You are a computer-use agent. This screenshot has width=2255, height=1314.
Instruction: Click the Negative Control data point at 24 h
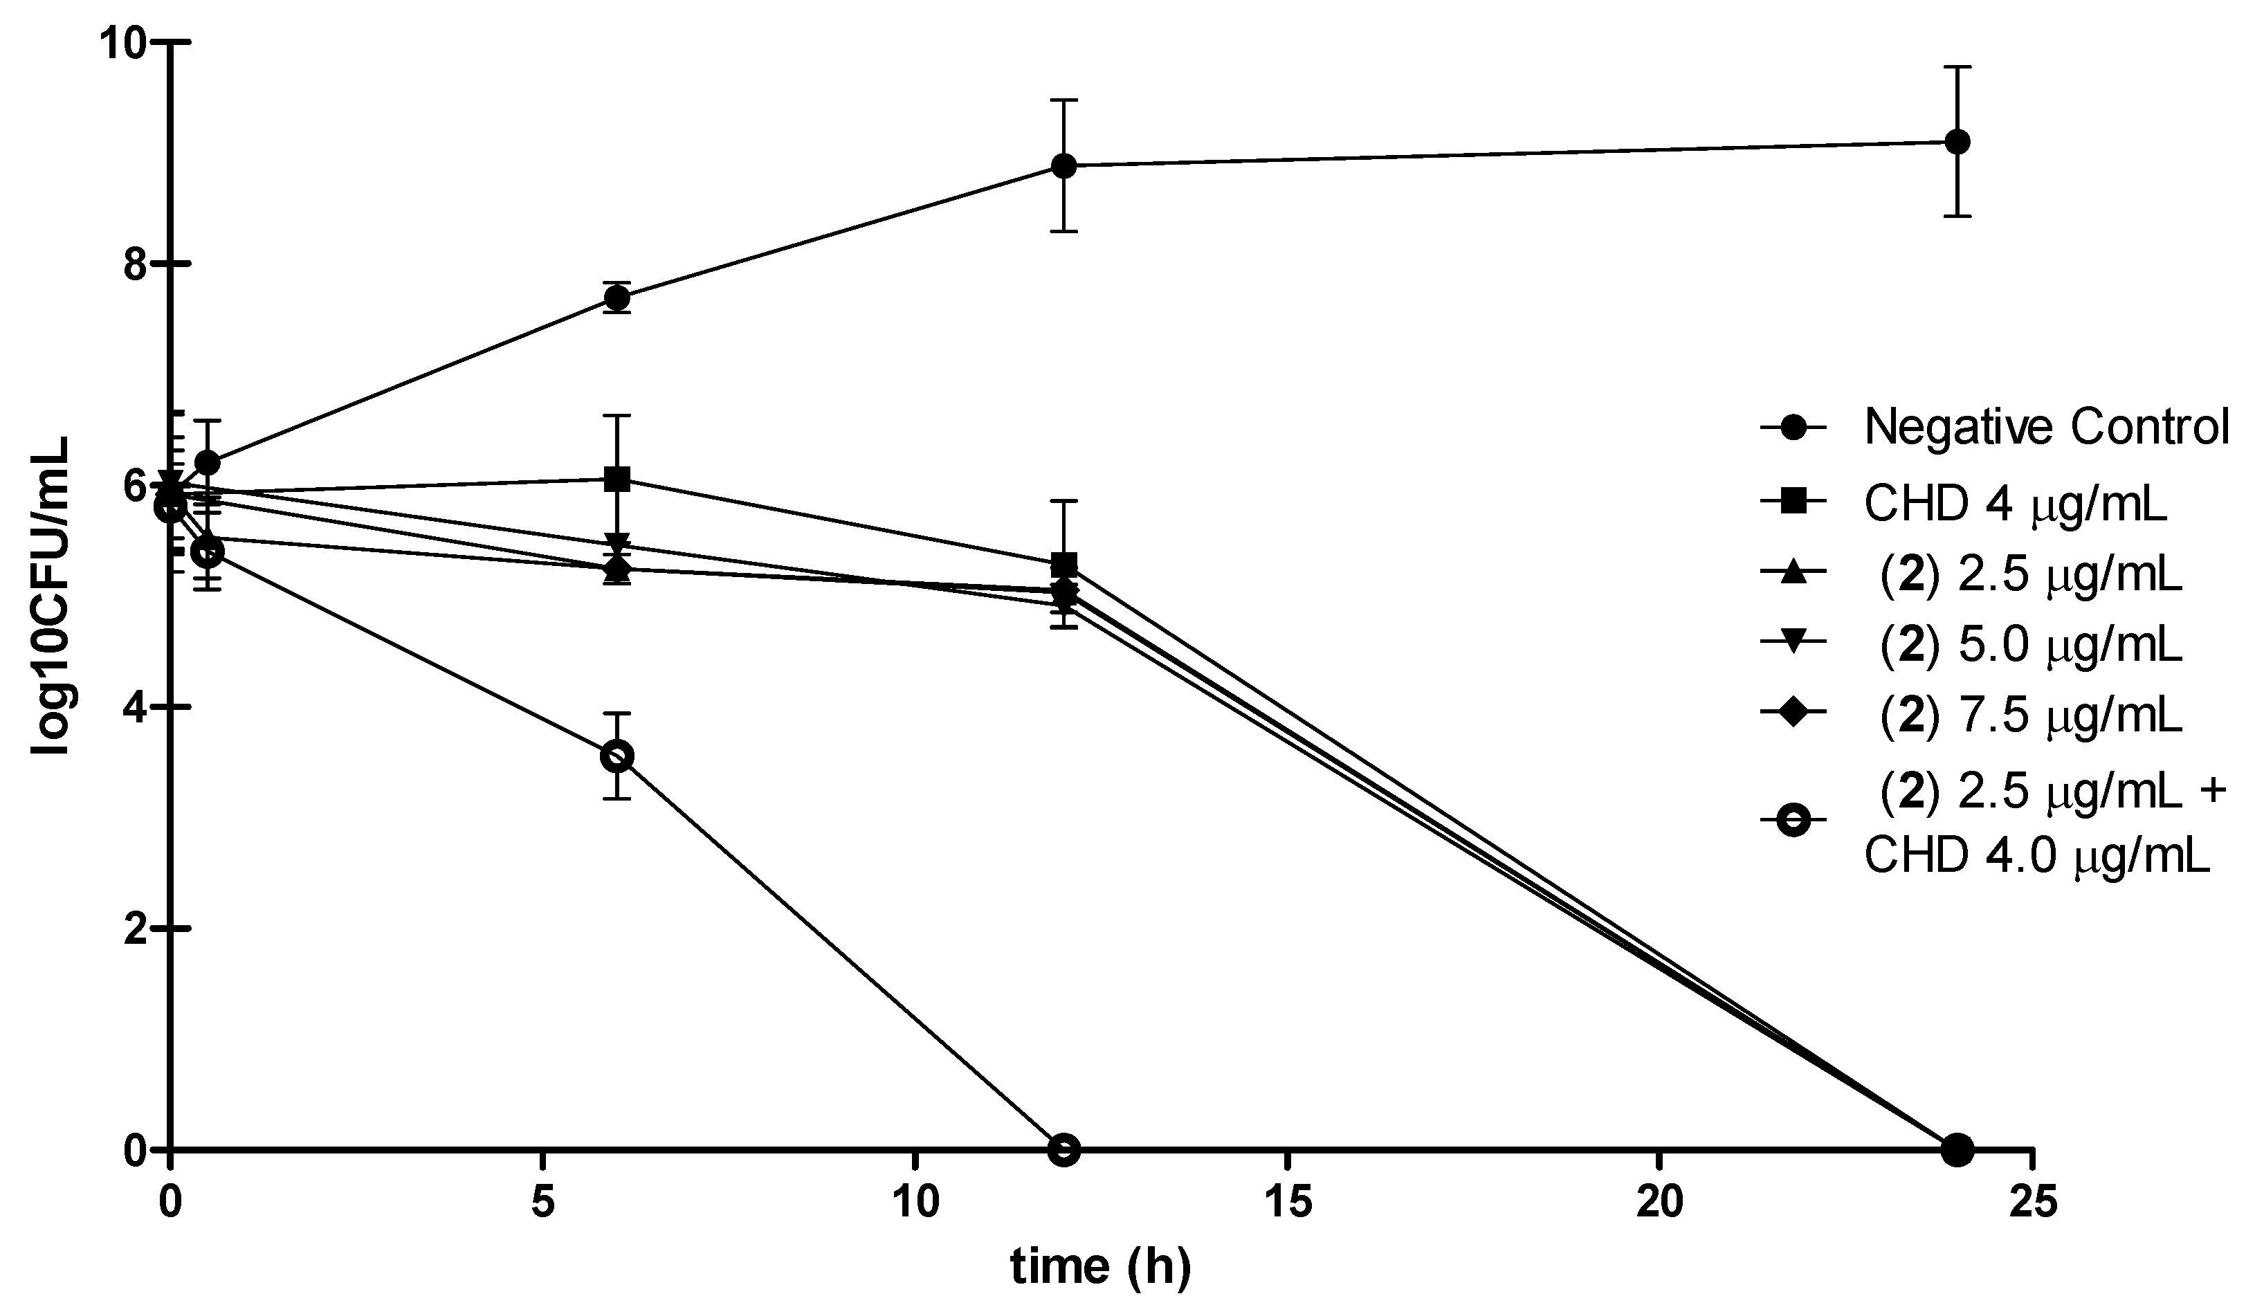[1957, 141]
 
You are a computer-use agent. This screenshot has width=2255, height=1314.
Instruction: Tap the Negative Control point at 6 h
[617, 298]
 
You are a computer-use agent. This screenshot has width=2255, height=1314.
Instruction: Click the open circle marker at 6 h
[617, 756]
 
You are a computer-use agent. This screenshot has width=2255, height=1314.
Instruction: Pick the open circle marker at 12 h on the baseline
[1063, 1149]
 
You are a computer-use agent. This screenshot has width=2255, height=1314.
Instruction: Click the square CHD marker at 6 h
[617, 479]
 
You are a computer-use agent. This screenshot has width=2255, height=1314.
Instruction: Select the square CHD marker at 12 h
[1063, 565]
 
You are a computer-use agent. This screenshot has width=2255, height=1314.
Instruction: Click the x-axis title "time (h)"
[1101, 1268]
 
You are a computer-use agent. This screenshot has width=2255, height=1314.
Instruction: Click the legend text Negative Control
[2045, 428]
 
